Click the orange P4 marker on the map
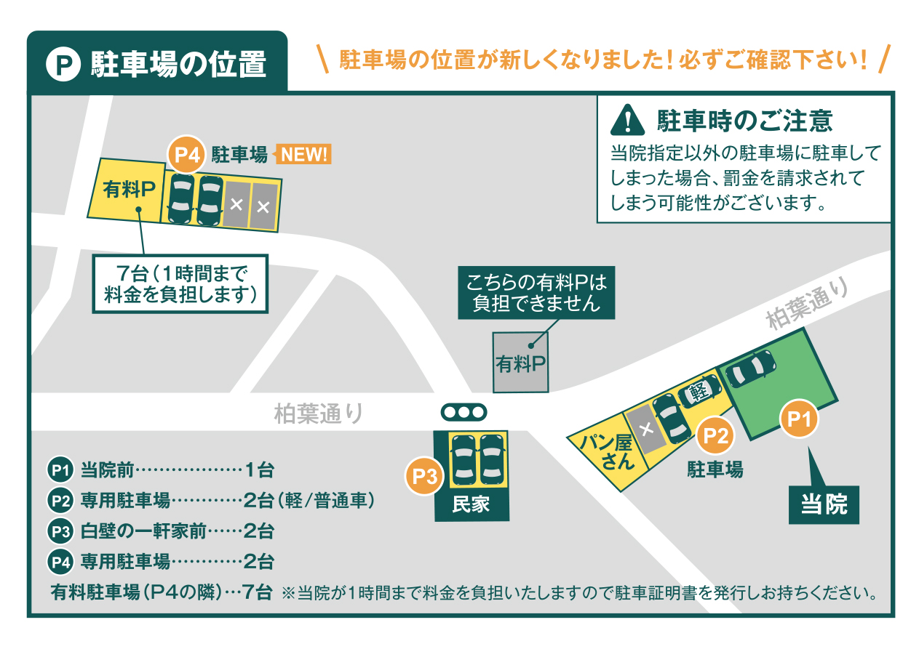(187, 155)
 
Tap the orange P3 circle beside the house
(425, 476)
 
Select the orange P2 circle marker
(715, 435)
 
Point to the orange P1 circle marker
(799, 419)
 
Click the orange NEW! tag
(303, 155)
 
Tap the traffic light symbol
(464, 412)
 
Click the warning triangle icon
(628, 120)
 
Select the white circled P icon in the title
(63, 65)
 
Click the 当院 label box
(824, 504)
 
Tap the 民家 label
(471, 504)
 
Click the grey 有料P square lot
(521, 363)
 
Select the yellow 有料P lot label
(129, 189)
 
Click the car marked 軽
(699, 390)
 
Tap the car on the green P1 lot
(750, 368)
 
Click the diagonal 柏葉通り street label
(808, 303)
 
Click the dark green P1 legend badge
(60, 469)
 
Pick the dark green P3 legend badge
(60, 531)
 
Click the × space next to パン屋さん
(646, 430)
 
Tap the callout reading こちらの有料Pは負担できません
(536, 293)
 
